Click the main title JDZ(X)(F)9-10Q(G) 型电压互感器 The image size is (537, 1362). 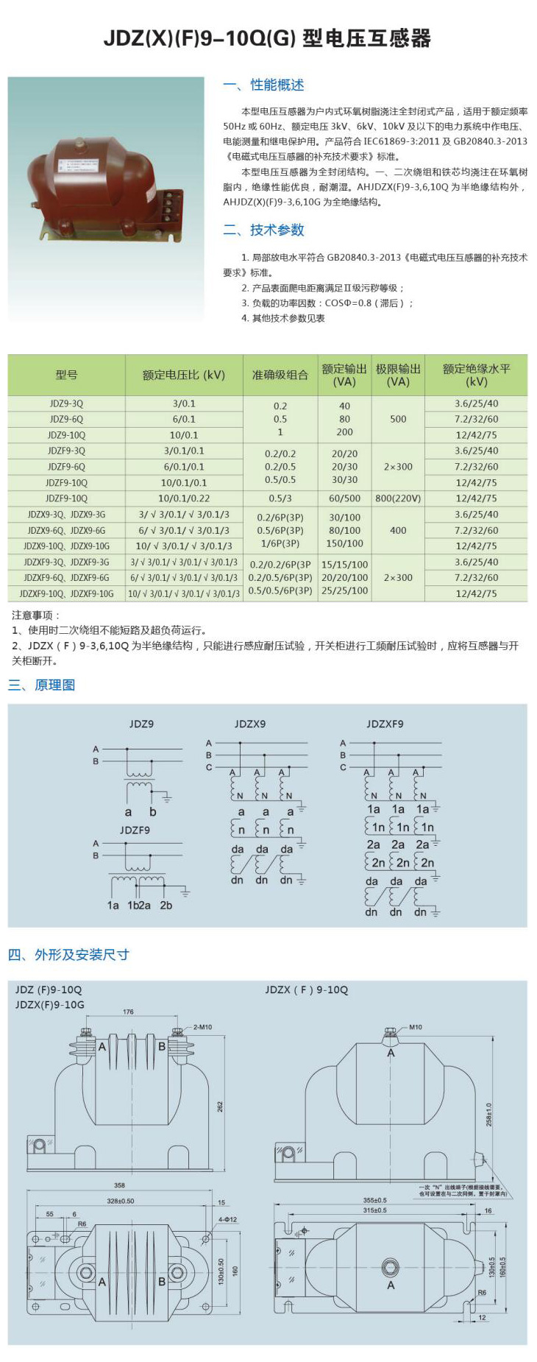pyautogui.click(x=267, y=38)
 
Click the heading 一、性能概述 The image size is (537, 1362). pyautogui.click(x=263, y=85)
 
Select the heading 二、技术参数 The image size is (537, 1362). pyautogui.click(x=263, y=230)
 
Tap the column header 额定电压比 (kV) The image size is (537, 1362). pyautogui.click(x=184, y=375)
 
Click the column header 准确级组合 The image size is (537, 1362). pyautogui.click(x=280, y=375)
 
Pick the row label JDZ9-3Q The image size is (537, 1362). pyautogui.click(x=66, y=403)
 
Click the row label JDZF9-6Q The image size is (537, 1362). pyautogui.click(x=66, y=467)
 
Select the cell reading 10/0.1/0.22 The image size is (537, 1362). pyautogui.click(x=184, y=498)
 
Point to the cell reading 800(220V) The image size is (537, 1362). pyautogui.click(x=398, y=498)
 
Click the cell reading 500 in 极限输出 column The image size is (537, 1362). pyautogui.click(x=398, y=419)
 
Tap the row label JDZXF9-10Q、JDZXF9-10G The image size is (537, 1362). pyautogui.click(x=66, y=593)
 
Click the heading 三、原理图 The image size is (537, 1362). pyautogui.click(x=42, y=685)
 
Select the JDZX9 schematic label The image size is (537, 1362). pyautogui.click(x=250, y=724)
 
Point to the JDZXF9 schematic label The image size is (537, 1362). pyautogui.click(x=385, y=724)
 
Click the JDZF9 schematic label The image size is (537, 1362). pyautogui.click(x=135, y=830)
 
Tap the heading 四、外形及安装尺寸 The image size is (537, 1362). pyautogui.click(x=68, y=955)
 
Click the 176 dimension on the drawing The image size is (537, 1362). pyautogui.click(x=128, y=1012)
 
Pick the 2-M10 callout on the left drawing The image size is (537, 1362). pyautogui.click(x=202, y=1027)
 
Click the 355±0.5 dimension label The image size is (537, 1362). pyautogui.click(x=374, y=1200)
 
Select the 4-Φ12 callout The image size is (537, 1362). pyautogui.click(x=227, y=1219)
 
